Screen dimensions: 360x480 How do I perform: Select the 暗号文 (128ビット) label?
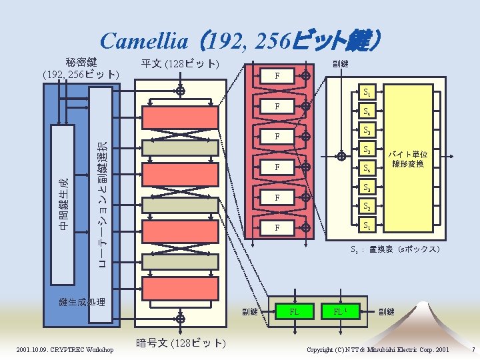(x=181, y=343)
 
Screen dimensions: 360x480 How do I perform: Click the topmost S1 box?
(x=366, y=93)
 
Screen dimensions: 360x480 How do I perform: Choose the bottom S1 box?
(x=366, y=225)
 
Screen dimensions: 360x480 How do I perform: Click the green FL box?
(x=293, y=311)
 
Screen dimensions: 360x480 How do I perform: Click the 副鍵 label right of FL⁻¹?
(x=387, y=311)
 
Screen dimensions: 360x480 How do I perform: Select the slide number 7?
(x=472, y=350)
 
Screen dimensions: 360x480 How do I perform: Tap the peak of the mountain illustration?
(x=425, y=303)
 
